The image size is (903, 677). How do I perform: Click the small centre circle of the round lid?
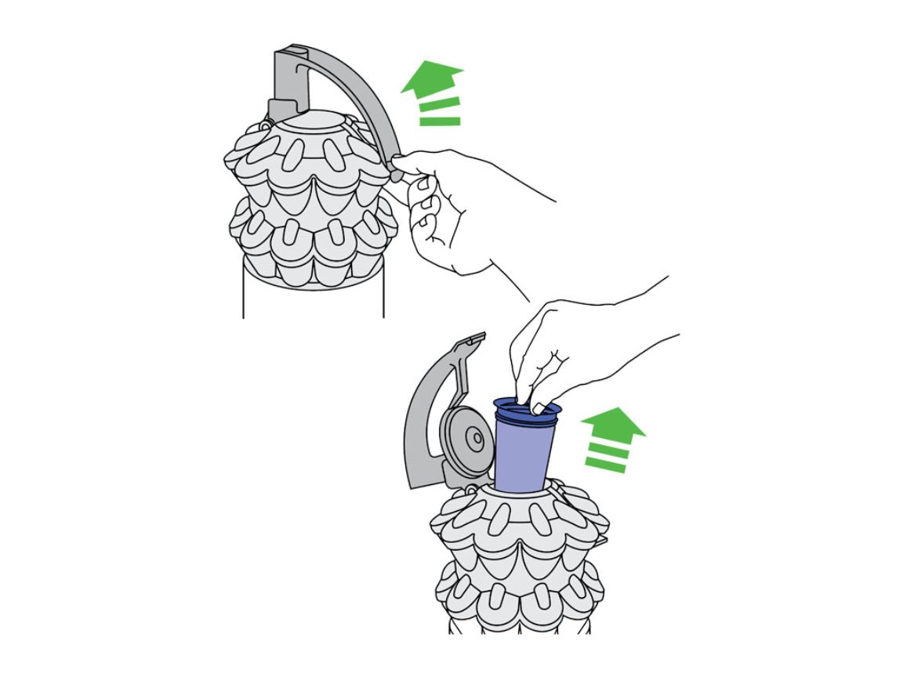473,436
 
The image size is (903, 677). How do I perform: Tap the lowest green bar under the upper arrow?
440,121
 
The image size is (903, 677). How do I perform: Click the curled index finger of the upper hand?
424,187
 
